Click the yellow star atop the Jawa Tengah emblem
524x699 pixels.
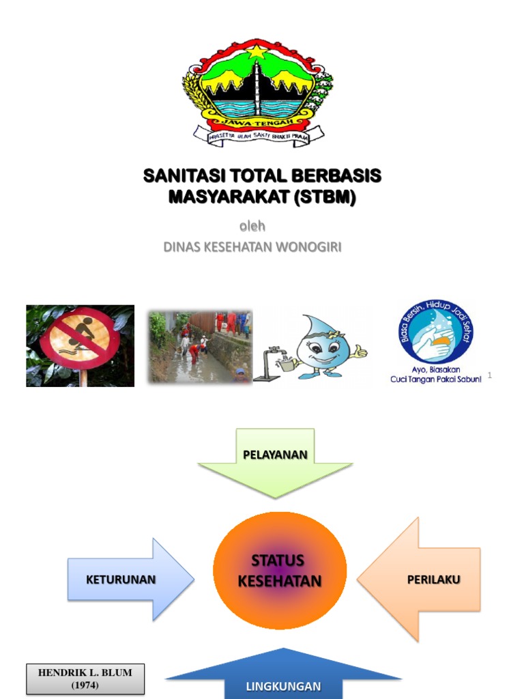(258, 52)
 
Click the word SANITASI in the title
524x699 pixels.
(178, 176)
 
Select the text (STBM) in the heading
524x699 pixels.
(325, 197)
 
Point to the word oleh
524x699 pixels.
(252, 226)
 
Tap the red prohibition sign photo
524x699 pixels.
(80, 345)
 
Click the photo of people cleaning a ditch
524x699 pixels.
(200, 346)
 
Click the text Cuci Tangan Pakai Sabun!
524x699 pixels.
(435, 380)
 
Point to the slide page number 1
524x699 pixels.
(490, 375)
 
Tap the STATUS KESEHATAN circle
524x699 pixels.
(279, 571)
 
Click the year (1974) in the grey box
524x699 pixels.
(85, 685)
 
